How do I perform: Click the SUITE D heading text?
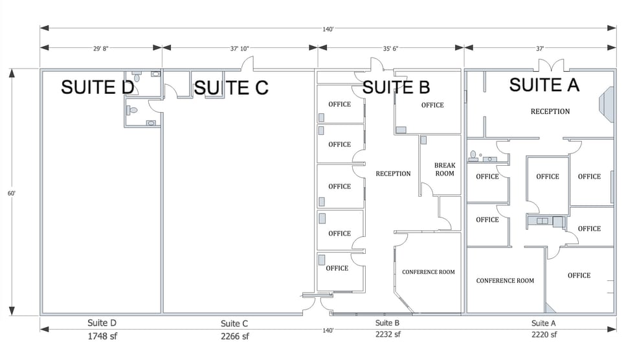pyautogui.click(x=97, y=87)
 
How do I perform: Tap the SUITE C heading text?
pyautogui.click(x=231, y=87)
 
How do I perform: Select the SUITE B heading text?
pyautogui.click(x=396, y=87)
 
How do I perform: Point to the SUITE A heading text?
pyautogui.click(x=544, y=84)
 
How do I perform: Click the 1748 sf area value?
pyautogui.click(x=102, y=336)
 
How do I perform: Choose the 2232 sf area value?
pyautogui.click(x=387, y=335)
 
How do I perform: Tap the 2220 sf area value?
pyautogui.click(x=543, y=335)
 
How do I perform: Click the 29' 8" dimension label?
pyautogui.click(x=101, y=47)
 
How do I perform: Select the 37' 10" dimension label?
pyautogui.click(x=240, y=47)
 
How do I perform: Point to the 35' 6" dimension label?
pyautogui.click(x=390, y=47)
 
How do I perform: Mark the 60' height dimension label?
pyautogui.click(x=12, y=192)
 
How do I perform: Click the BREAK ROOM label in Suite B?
pyautogui.click(x=445, y=169)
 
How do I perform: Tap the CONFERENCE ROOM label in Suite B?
pyautogui.click(x=428, y=272)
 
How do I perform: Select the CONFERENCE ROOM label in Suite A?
pyautogui.click(x=505, y=280)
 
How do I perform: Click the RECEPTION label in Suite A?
pyautogui.click(x=550, y=111)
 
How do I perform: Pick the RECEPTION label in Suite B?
pyautogui.click(x=393, y=174)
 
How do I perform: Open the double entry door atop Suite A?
pyautogui.click(x=551, y=65)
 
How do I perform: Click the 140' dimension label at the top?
pyautogui.click(x=328, y=28)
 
